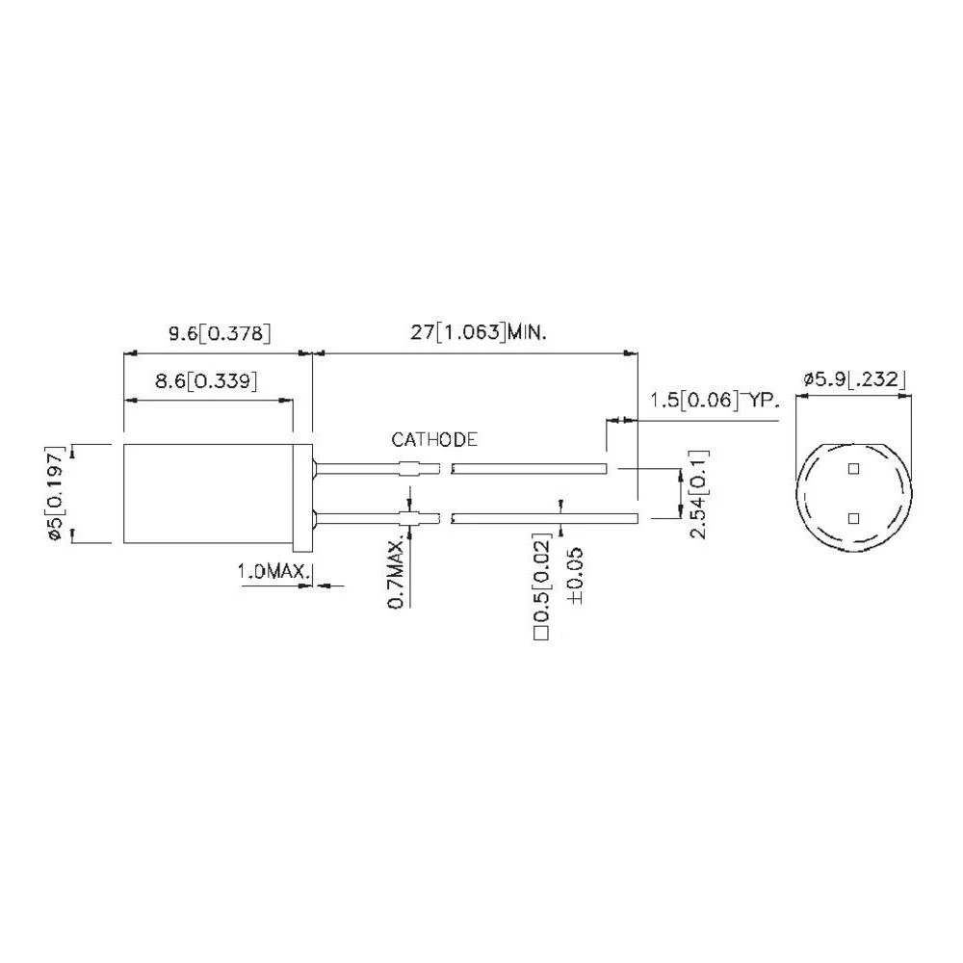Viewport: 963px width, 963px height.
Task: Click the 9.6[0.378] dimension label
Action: (x=219, y=334)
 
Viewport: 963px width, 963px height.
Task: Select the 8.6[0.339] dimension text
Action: (x=205, y=381)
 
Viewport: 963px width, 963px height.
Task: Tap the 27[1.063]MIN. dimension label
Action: (x=479, y=334)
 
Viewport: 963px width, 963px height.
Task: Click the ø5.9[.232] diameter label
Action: (x=853, y=380)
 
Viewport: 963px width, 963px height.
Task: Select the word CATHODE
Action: (x=434, y=440)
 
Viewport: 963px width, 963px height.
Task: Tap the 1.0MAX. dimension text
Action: (x=273, y=573)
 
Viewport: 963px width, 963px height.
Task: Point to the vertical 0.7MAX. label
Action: (x=395, y=575)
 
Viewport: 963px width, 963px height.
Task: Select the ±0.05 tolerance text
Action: (x=575, y=577)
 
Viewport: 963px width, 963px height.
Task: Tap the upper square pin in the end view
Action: (x=852, y=469)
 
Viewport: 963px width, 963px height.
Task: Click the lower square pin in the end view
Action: (x=852, y=518)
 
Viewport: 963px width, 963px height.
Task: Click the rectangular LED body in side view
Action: (x=208, y=493)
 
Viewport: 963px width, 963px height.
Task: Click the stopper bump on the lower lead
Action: (x=412, y=518)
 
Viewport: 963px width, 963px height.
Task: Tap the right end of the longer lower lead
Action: (x=634, y=518)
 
